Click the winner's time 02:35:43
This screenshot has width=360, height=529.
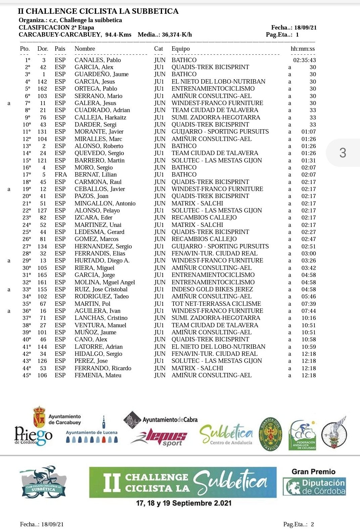[x=304, y=60]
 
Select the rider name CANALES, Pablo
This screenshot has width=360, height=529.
[x=98, y=60]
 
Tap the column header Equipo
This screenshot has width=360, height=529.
[x=181, y=49]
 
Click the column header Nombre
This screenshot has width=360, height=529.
[x=85, y=49]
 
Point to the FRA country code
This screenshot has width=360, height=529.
[x=61, y=175]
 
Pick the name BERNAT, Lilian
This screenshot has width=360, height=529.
[x=96, y=175]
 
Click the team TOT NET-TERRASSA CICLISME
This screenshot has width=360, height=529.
[x=216, y=304]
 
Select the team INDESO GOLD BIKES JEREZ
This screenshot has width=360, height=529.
[x=212, y=289]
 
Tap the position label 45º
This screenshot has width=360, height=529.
[x=27, y=375]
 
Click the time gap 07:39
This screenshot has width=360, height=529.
[x=308, y=304]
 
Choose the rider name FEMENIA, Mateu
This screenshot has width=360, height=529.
[x=98, y=375]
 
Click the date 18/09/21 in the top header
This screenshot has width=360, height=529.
[x=305, y=28]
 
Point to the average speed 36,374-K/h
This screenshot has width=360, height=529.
[x=177, y=35]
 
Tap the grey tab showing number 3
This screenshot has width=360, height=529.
[x=343, y=153]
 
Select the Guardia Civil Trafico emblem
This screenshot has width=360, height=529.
[x=271, y=434]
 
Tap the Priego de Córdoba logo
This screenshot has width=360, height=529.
[x=33, y=436]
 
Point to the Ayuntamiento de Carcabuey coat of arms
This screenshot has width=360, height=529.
[x=39, y=417]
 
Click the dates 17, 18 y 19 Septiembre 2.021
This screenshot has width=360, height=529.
[x=184, y=503]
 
